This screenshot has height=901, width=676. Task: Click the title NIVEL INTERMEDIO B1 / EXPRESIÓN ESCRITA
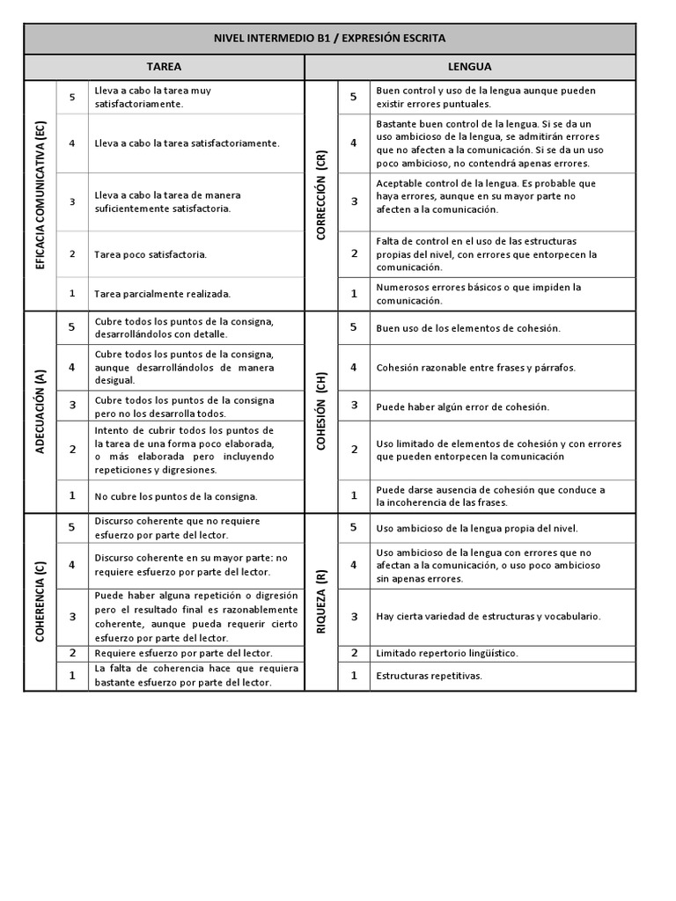pos(329,39)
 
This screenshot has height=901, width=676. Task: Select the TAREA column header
pos(164,67)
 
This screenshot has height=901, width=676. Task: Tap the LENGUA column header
pos(470,67)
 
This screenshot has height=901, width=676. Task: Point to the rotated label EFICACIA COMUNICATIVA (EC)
pos(40,194)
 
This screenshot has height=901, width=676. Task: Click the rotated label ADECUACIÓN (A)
pos(40,411)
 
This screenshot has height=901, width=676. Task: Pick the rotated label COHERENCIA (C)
pos(40,602)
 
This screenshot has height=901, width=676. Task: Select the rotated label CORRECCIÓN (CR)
pos(321,194)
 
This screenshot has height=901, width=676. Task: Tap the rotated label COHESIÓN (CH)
pos(321,411)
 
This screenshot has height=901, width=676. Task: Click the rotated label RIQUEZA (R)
pos(321,602)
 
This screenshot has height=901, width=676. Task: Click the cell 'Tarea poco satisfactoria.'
pos(151,254)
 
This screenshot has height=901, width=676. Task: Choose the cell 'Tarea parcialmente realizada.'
pos(162,294)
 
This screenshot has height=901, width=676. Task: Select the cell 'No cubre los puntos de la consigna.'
pos(176,496)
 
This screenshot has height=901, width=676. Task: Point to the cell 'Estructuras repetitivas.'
pos(429,676)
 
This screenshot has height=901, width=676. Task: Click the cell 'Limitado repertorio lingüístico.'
pos(446,653)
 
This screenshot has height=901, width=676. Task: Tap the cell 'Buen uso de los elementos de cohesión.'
pos(467,328)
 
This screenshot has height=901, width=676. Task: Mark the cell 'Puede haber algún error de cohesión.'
pos(462,407)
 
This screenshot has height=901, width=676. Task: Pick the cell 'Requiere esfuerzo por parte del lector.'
pos(183,653)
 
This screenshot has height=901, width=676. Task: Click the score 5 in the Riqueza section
pos(354,528)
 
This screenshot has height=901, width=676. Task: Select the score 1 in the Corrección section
pos(354,294)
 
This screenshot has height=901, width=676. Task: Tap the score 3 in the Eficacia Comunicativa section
pos(72,201)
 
